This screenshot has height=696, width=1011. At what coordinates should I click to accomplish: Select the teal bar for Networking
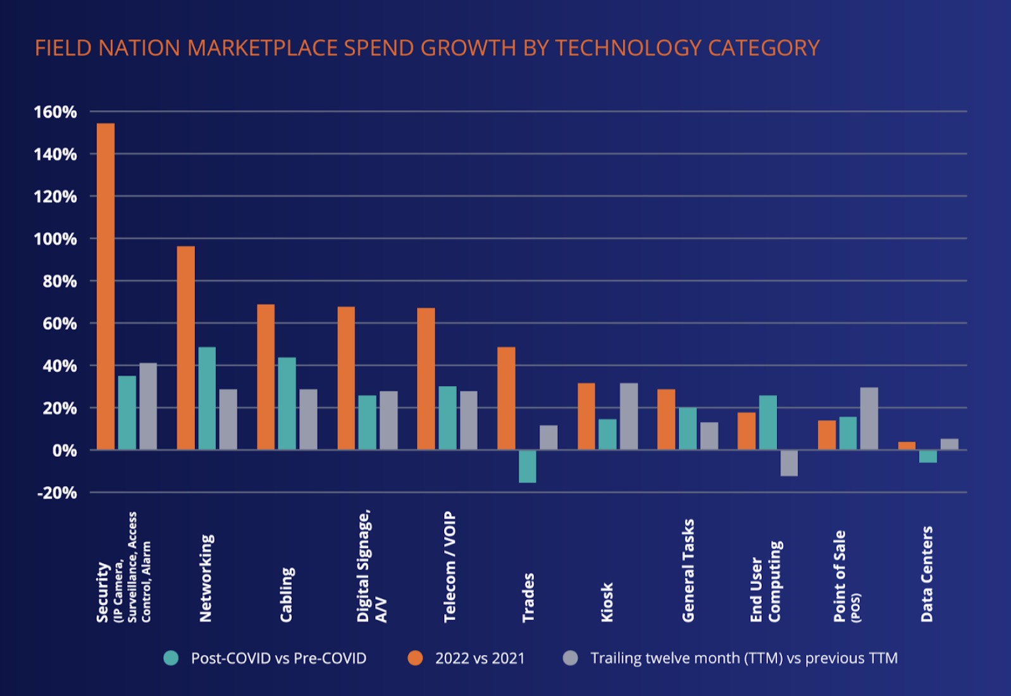tap(207, 398)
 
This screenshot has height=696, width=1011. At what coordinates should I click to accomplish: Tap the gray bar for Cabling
tap(308, 419)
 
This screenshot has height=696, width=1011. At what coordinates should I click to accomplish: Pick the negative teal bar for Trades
tap(528, 466)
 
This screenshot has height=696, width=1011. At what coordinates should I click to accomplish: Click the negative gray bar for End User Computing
tap(789, 463)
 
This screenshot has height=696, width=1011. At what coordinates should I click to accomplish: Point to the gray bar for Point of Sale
tap(869, 418)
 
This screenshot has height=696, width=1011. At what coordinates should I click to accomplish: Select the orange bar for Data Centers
tap(907, 446)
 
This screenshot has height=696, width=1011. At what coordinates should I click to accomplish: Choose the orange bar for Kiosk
tap(586, 416)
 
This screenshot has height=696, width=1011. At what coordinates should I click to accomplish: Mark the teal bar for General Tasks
tap(688, 428)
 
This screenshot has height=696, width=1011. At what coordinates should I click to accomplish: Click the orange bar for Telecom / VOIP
tap(426, 378)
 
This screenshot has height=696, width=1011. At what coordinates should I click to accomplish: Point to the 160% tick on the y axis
tap(55, 112)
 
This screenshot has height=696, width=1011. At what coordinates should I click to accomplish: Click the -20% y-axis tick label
tap(57, 493)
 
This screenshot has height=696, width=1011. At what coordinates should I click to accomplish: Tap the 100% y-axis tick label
tap(55, 239)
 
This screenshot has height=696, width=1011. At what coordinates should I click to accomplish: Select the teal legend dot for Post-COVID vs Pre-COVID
tap(171, 658)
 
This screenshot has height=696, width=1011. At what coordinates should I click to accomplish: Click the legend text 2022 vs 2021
tap(480, 658)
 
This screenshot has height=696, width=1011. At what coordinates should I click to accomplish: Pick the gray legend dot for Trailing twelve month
tap(571, 658)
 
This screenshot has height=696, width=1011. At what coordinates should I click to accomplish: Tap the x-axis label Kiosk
tap(607, 602)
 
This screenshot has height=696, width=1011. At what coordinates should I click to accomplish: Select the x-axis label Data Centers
tap(927, 574)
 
